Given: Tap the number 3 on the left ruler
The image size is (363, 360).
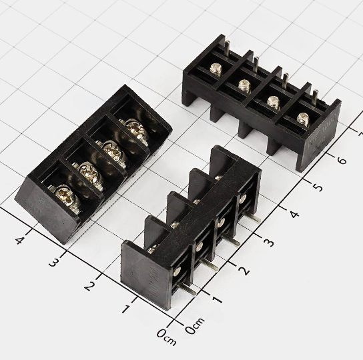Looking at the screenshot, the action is [54, 263].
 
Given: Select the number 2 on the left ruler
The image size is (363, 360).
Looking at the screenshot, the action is [90, 286].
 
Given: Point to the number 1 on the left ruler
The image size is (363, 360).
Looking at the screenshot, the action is [126, 309].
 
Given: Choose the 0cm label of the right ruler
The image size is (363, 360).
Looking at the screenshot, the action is [195, 326].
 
